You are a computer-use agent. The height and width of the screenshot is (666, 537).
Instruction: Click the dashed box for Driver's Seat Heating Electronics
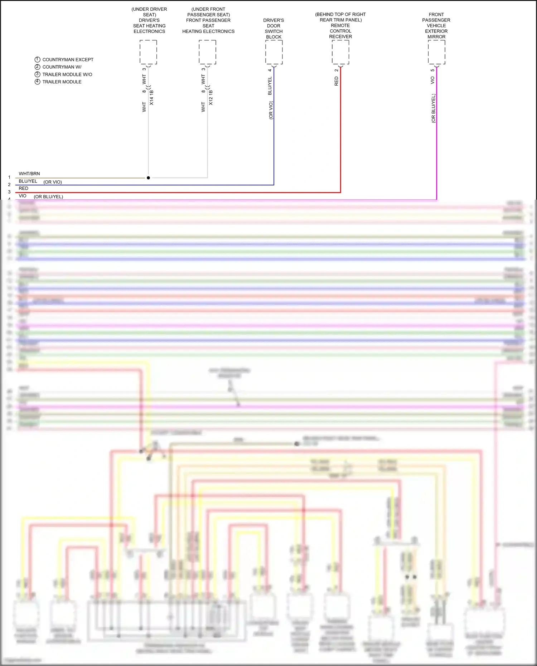point(148,52)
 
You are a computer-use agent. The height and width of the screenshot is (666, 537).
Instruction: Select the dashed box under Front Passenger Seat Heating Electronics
point(207,52)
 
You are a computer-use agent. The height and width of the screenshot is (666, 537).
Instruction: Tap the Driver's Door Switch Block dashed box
point(274,52)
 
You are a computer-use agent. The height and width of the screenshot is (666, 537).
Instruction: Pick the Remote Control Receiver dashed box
point(340,52)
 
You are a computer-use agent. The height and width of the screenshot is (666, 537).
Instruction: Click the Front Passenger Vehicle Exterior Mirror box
point(436,52)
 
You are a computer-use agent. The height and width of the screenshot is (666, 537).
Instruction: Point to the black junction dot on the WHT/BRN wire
point(148,178)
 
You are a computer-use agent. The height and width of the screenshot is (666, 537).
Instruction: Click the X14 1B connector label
point(151,98)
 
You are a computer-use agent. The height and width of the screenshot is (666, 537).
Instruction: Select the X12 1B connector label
point(211,98)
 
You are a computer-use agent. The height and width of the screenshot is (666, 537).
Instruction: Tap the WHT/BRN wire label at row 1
point(29,174)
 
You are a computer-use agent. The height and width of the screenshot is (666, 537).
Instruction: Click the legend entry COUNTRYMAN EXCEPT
point(68,60)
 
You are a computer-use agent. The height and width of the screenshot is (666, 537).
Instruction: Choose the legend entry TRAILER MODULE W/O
point(67,74)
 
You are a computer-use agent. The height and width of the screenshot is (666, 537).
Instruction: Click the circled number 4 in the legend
point(37,82)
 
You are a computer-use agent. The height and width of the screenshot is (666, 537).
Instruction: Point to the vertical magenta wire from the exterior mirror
point(436,150)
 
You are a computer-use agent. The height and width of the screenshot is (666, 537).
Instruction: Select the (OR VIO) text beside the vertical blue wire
point(271,110)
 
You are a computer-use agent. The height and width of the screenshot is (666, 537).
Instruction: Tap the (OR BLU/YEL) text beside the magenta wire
point(433,108)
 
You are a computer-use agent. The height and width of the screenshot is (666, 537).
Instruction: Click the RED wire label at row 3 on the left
point(24,188)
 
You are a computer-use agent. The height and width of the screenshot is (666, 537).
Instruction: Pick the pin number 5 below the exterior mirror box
point(432,70)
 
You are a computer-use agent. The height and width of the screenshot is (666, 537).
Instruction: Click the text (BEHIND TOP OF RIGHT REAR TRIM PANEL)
point(340,17)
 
